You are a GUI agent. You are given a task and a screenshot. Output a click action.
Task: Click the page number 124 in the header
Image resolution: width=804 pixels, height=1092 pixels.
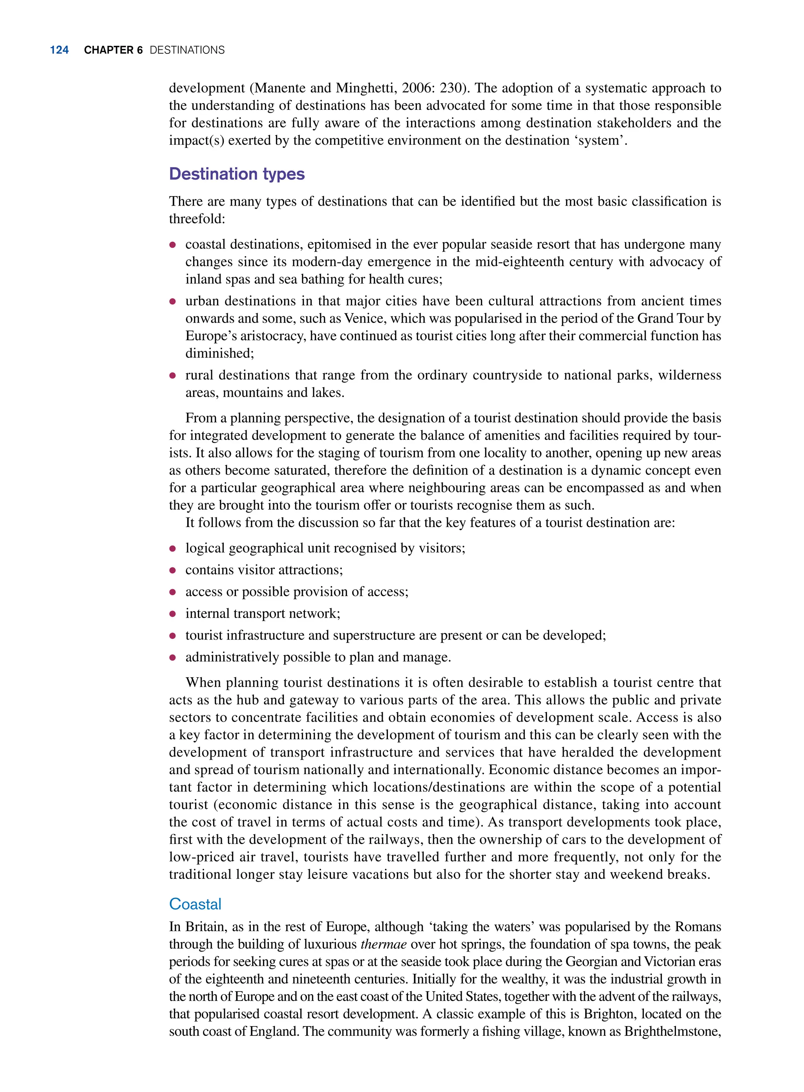59,50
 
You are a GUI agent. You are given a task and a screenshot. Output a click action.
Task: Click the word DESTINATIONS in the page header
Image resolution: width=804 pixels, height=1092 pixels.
187,50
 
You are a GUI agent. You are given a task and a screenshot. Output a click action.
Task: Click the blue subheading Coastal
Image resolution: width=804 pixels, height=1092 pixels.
195,904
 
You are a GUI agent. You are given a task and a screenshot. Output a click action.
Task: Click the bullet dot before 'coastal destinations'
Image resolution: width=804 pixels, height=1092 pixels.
172,245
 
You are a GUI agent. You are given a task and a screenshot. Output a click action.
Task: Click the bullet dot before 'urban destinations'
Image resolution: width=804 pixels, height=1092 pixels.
172,301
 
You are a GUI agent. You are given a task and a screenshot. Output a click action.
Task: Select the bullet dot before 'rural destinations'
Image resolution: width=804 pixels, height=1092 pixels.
172,375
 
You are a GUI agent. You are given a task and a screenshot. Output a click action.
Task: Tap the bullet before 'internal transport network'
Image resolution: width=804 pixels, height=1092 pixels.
172,614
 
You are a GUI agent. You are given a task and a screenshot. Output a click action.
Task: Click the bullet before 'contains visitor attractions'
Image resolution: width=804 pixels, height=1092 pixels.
172,570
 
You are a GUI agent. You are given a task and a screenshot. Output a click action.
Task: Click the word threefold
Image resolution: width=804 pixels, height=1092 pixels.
196,219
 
